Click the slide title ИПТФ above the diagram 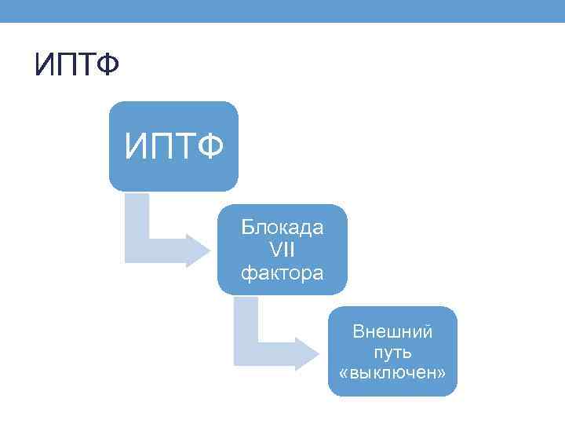(76, 66)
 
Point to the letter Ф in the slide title (108, 66)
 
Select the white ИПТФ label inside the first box (173, 147)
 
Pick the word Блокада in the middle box (282, 228)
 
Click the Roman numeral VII (282, 250)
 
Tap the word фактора (282, 273)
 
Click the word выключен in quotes (392, 371)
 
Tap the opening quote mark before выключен (343, 371)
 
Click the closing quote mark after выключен (442, 371)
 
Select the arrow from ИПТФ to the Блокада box (157, 236)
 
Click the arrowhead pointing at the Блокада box (196, 250)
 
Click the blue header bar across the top (282, 10)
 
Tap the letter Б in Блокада (248, 228)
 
